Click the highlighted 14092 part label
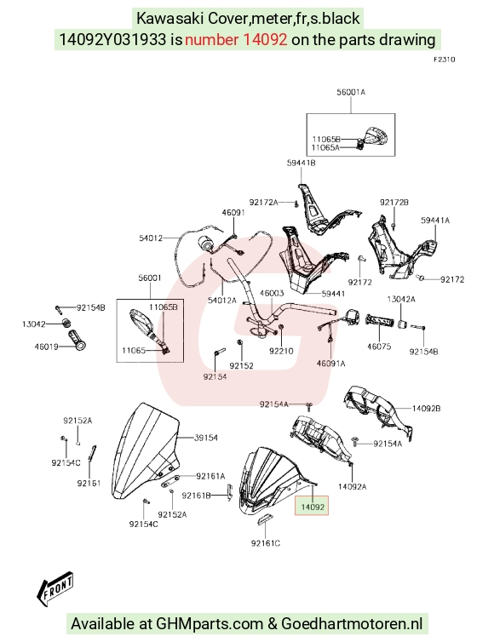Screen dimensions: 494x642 coord(312,507)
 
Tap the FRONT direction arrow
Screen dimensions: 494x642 coord(55,588)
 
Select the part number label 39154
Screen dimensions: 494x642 coord(205,438)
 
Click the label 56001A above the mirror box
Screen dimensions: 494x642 coord(351,92)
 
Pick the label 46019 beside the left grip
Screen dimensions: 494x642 coord(46,347)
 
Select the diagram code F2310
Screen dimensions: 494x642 coord(445,60)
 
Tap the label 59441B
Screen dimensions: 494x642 coord(301,163)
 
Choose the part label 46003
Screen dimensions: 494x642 coord(272,293)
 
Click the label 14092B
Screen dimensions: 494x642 coord(427,408)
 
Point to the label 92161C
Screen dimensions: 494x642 coord(266,543)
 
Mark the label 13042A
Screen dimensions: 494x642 coord(401,300)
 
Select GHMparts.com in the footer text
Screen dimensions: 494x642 coord(210,623)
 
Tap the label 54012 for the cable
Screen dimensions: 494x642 coord(151,238)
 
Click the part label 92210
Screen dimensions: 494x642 coord(281,351)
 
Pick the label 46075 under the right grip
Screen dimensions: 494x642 coord(379,347)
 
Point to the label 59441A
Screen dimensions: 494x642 coord(435,221)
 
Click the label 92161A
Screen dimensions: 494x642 coord(210,476)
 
